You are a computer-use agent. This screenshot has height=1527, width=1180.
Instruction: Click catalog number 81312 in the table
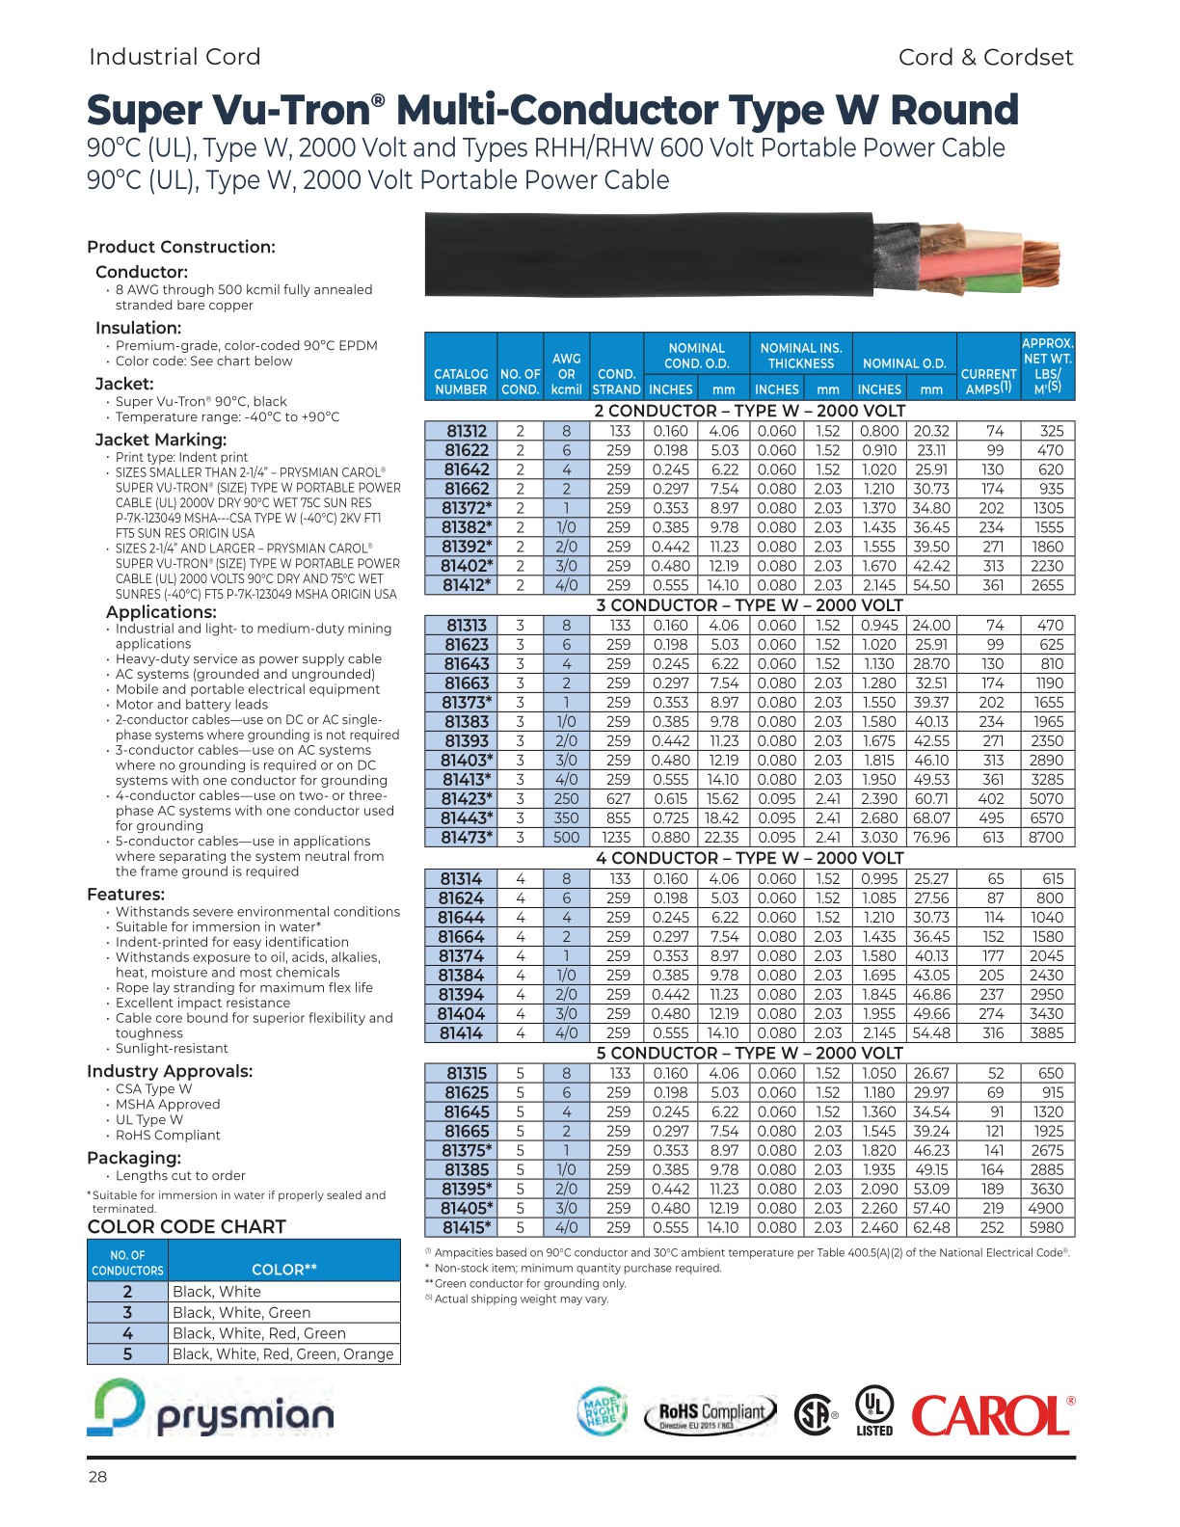click(466, 431)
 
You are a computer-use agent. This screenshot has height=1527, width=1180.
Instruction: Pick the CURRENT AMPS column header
click(989, 381)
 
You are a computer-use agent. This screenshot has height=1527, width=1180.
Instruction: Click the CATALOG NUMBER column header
click(461, 382)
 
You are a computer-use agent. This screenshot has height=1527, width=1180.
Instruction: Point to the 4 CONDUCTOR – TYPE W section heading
click(749, 858)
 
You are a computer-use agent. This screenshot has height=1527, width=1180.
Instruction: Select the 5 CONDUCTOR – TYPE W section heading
click(749, 1053)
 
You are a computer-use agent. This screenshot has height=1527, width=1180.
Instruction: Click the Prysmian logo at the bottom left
click(211, 1409)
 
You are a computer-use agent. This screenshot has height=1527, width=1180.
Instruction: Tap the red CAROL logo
click(992, 1415)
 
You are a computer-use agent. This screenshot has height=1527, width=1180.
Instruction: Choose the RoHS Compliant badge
click(710, 1415)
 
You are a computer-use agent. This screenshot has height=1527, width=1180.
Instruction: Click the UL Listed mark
click(874, 1410)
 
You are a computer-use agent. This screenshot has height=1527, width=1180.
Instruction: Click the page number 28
click(97, 1477)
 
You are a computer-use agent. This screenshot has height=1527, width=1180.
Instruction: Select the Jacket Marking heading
click(161, 440)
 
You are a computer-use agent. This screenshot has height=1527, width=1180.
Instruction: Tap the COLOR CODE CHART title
click(187, 1226)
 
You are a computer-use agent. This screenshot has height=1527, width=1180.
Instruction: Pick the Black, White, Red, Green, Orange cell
click(282, 1353)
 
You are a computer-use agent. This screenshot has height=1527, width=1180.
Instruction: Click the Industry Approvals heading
click(170, 1071)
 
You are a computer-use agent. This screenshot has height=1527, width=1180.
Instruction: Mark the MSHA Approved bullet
click(168, 1104)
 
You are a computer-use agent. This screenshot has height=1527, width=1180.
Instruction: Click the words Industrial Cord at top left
click(174, 57)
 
